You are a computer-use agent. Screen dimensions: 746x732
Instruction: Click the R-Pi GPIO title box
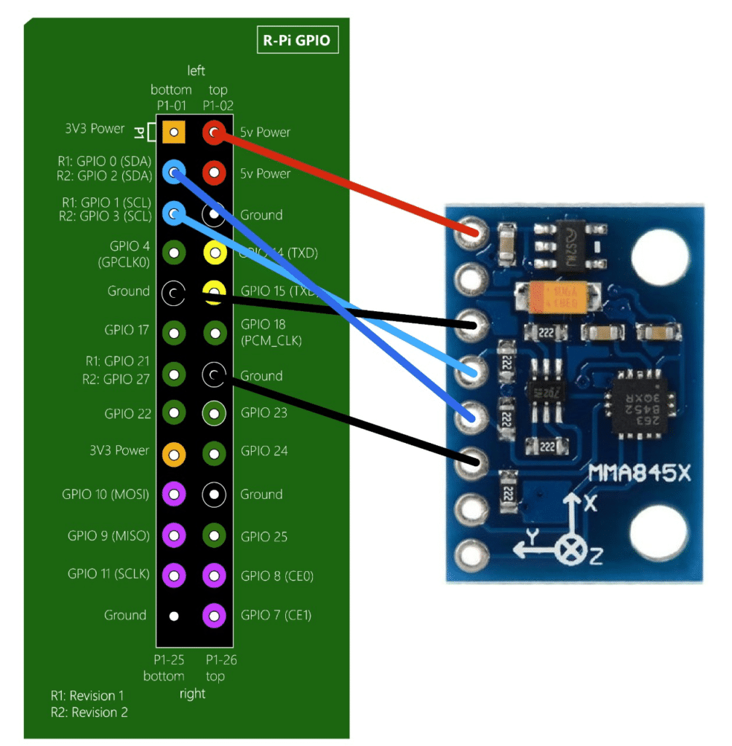[x=298, y=40]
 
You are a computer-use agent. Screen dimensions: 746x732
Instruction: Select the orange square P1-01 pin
[x=173, y=132]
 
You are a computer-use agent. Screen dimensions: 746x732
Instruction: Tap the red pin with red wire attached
[x=214, y=132]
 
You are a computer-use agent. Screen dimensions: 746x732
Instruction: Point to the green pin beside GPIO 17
[x=173, y=333]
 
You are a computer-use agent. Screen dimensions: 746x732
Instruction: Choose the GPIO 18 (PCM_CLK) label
[x=271, y=332]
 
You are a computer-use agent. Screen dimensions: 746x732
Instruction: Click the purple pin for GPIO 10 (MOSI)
[x=173, y=494]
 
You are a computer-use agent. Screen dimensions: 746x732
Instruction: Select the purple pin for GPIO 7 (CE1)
[x=214, y=616]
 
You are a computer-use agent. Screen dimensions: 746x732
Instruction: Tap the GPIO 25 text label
[x=264, y=537]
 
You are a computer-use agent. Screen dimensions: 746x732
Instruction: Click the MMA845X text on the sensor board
[x=639, y=477]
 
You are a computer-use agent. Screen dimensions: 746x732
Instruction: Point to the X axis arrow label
[x=589, y=503]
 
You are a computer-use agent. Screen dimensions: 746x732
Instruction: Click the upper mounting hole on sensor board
[x=660, y=256]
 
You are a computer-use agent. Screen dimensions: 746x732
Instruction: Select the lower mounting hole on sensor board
[x=660, y=533]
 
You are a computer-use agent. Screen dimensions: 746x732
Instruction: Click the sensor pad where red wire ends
[x=469, y=233]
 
